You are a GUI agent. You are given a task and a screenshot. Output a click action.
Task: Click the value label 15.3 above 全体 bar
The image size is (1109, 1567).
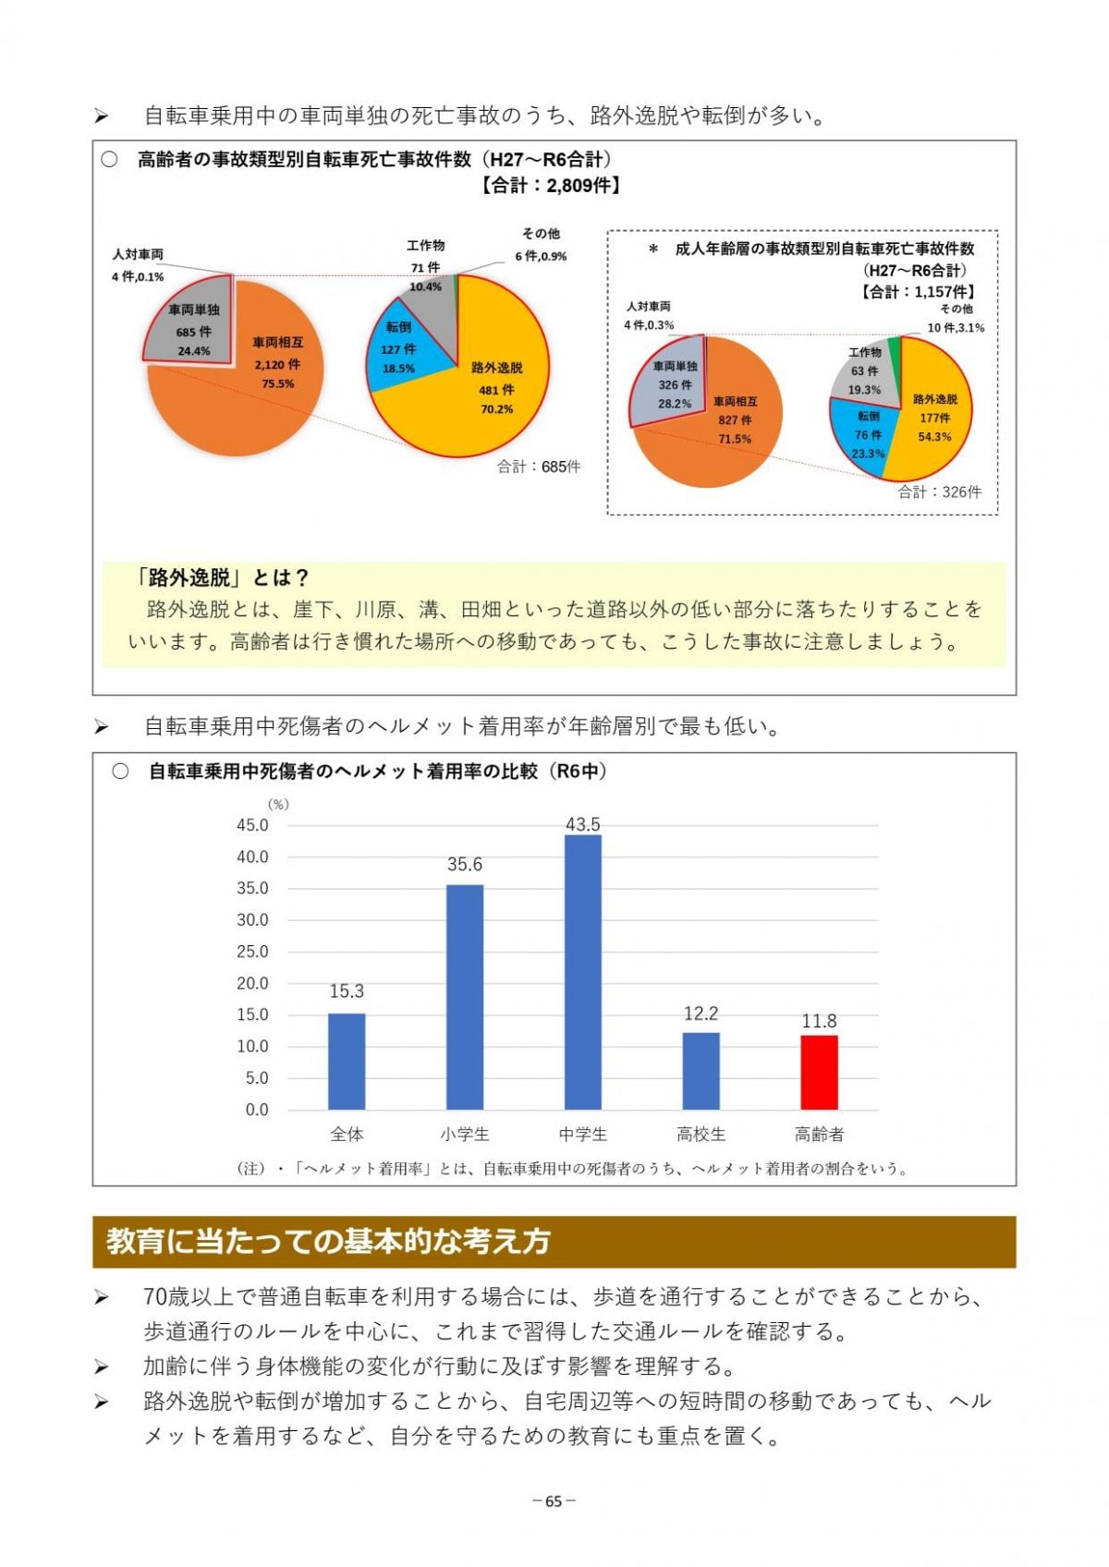(x=347, y=991)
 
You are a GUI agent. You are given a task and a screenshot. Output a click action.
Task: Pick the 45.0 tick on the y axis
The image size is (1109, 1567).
(x=252, y=825)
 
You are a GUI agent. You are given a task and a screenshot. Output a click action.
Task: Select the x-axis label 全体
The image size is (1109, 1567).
(x=347, y=1134)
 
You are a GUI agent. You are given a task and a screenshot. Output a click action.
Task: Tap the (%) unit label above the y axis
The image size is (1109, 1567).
(x=277, y=804)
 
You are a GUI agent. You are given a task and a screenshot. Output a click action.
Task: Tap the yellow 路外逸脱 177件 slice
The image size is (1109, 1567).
(x=933, y=416)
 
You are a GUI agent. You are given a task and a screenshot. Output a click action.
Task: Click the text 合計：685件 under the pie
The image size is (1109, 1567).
(x=539, y=467)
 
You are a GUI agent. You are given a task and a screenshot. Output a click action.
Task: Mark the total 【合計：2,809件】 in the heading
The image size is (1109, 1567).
(x=550, y=185)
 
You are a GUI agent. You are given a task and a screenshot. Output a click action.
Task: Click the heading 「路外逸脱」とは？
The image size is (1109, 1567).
(x=222, y=577)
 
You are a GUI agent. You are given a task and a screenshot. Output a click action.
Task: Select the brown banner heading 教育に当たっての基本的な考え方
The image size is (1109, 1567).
(x=328, y=1241)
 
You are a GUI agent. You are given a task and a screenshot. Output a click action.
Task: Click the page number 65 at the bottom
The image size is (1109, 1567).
(x=554, y=1500)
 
